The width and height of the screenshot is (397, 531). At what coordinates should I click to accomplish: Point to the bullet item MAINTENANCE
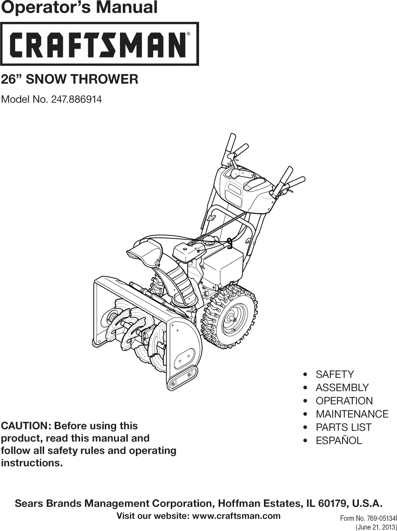pyautogui.click(x=352, y=414)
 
